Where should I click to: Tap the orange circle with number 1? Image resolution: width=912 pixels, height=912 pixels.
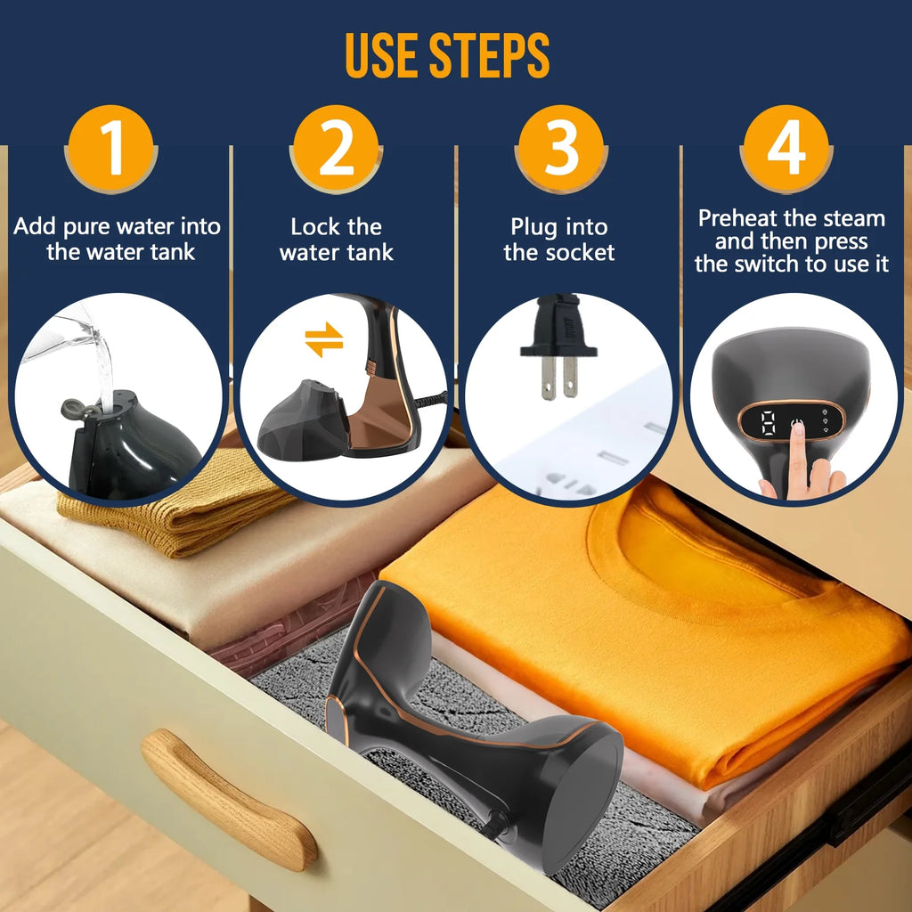[111, 149]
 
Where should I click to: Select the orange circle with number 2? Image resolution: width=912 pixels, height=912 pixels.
[336, 149]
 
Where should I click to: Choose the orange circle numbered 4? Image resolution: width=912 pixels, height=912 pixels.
[786, 149]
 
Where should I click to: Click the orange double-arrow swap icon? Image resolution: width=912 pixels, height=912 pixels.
[323, 340]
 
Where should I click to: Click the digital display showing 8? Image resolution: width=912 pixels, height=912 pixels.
[767, 423]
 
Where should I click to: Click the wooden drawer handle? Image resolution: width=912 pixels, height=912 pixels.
[227, 798]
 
